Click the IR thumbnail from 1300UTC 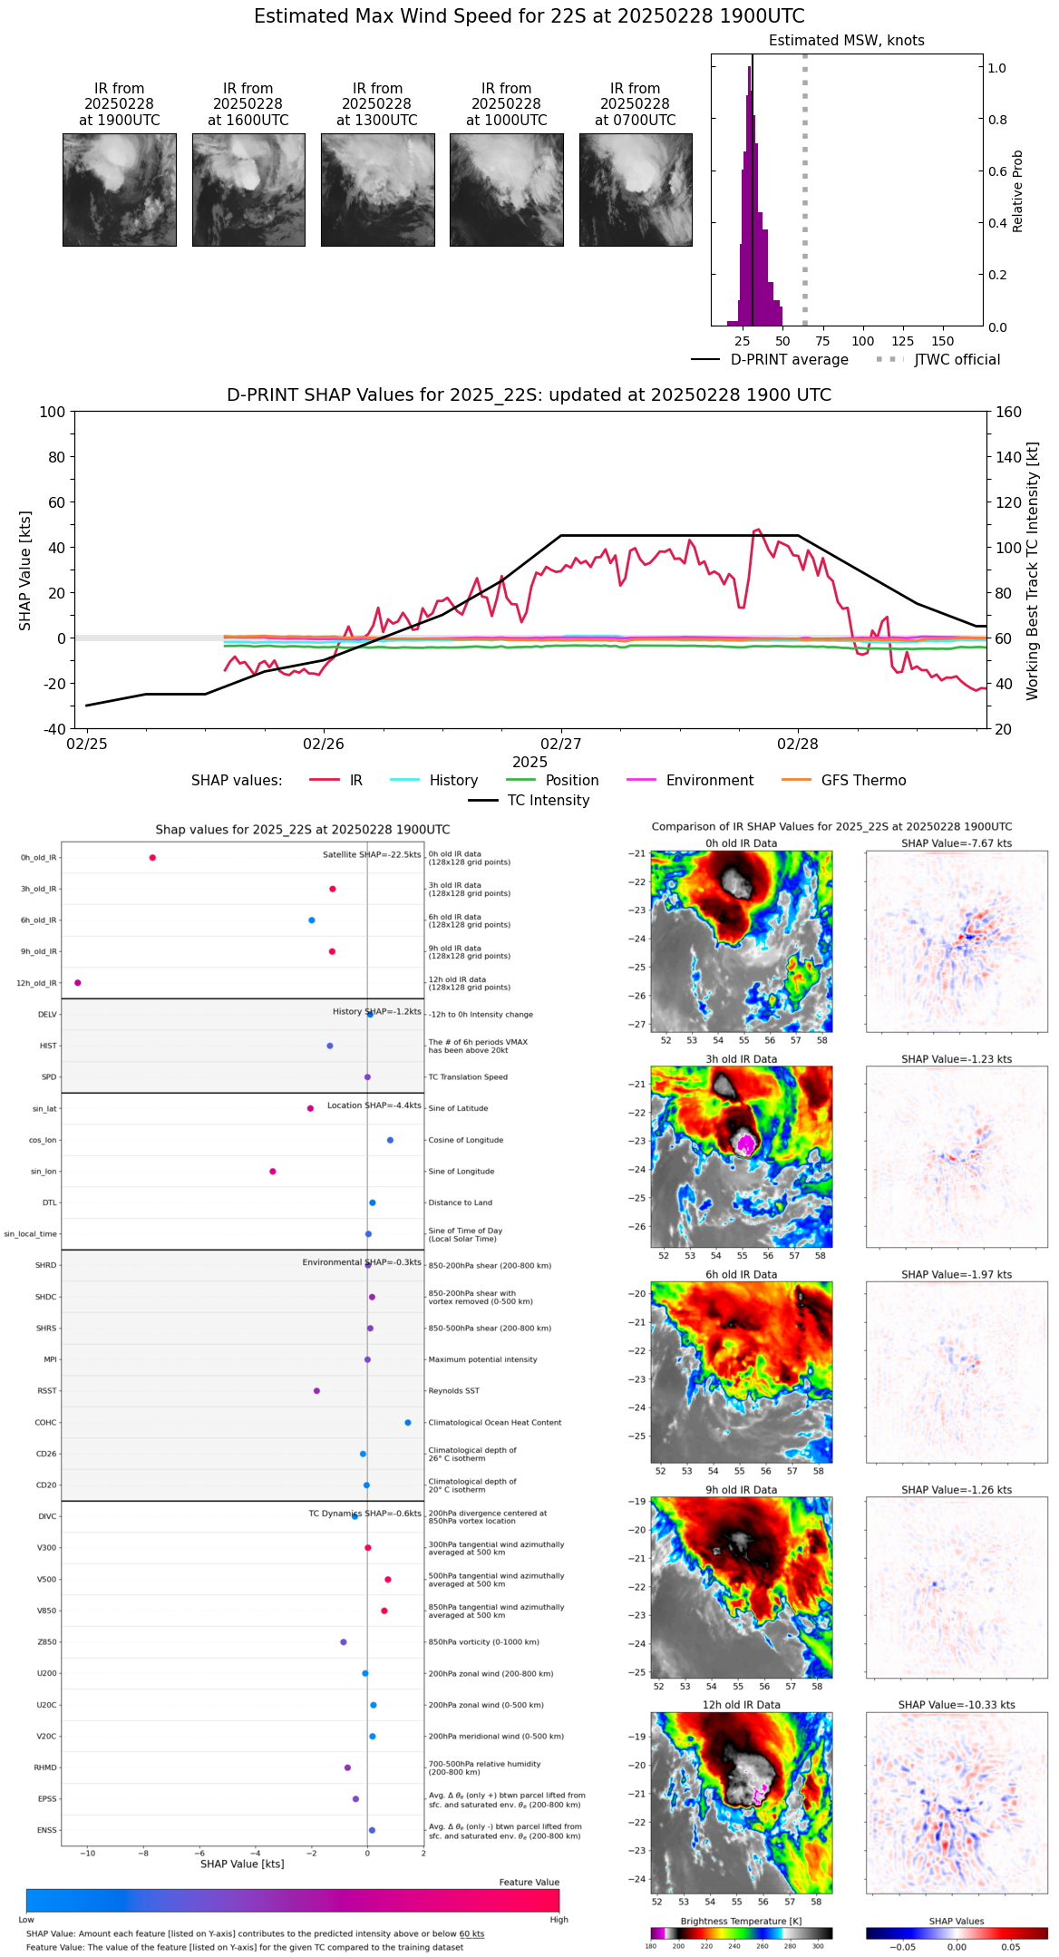click(x=377, y=190)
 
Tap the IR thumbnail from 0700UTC click(x=636, y=190)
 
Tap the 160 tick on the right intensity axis click(x=1008, y=412)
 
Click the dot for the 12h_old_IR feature click(x=78, y=983)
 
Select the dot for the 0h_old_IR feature click(x=152, y=858)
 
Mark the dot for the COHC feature click(x=408, y=1423)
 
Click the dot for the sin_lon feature click(x=273, y=1172)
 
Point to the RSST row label click(x=47, y=1391)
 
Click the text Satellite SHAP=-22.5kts click(x=372, y=855)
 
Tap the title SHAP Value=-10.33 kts click(x=957, y=1705)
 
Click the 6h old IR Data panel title click(x=741, y=1274)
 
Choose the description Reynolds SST click(x=453, y=1391)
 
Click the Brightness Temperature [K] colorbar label click(x=741, y=1921)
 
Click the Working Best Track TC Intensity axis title click(x=1033, y=570)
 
